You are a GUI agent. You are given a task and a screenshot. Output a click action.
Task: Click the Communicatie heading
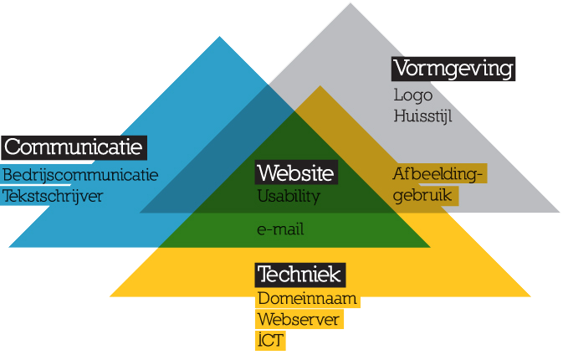(74, 148)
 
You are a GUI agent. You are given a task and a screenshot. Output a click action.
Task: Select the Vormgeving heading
(453, 68)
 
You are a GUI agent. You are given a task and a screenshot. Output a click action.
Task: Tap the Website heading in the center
(296, 173)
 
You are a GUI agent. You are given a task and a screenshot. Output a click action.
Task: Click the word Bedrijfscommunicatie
(79, 175)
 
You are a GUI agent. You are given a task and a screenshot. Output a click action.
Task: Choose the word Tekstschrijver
(53, 196)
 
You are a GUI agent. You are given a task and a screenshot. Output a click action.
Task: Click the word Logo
(411, 95)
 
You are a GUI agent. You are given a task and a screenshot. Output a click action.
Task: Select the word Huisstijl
(422, 116)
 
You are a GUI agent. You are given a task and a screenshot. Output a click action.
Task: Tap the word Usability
(289, 197)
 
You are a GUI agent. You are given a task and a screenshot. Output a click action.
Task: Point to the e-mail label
(280, 229)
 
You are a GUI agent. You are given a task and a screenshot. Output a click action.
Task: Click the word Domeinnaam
(307, 298)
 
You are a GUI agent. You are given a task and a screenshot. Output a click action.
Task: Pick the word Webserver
(299, 320)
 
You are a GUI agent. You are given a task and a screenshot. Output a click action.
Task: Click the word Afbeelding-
(439, 174)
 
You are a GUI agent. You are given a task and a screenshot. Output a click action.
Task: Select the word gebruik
(423, 195)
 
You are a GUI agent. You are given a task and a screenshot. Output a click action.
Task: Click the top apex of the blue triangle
(220, 37)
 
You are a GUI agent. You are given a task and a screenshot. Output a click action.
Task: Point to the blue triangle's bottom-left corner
(9, 247)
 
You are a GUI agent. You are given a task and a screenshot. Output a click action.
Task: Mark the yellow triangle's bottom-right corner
(531, 296)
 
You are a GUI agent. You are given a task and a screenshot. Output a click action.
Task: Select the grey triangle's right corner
(560, 213)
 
